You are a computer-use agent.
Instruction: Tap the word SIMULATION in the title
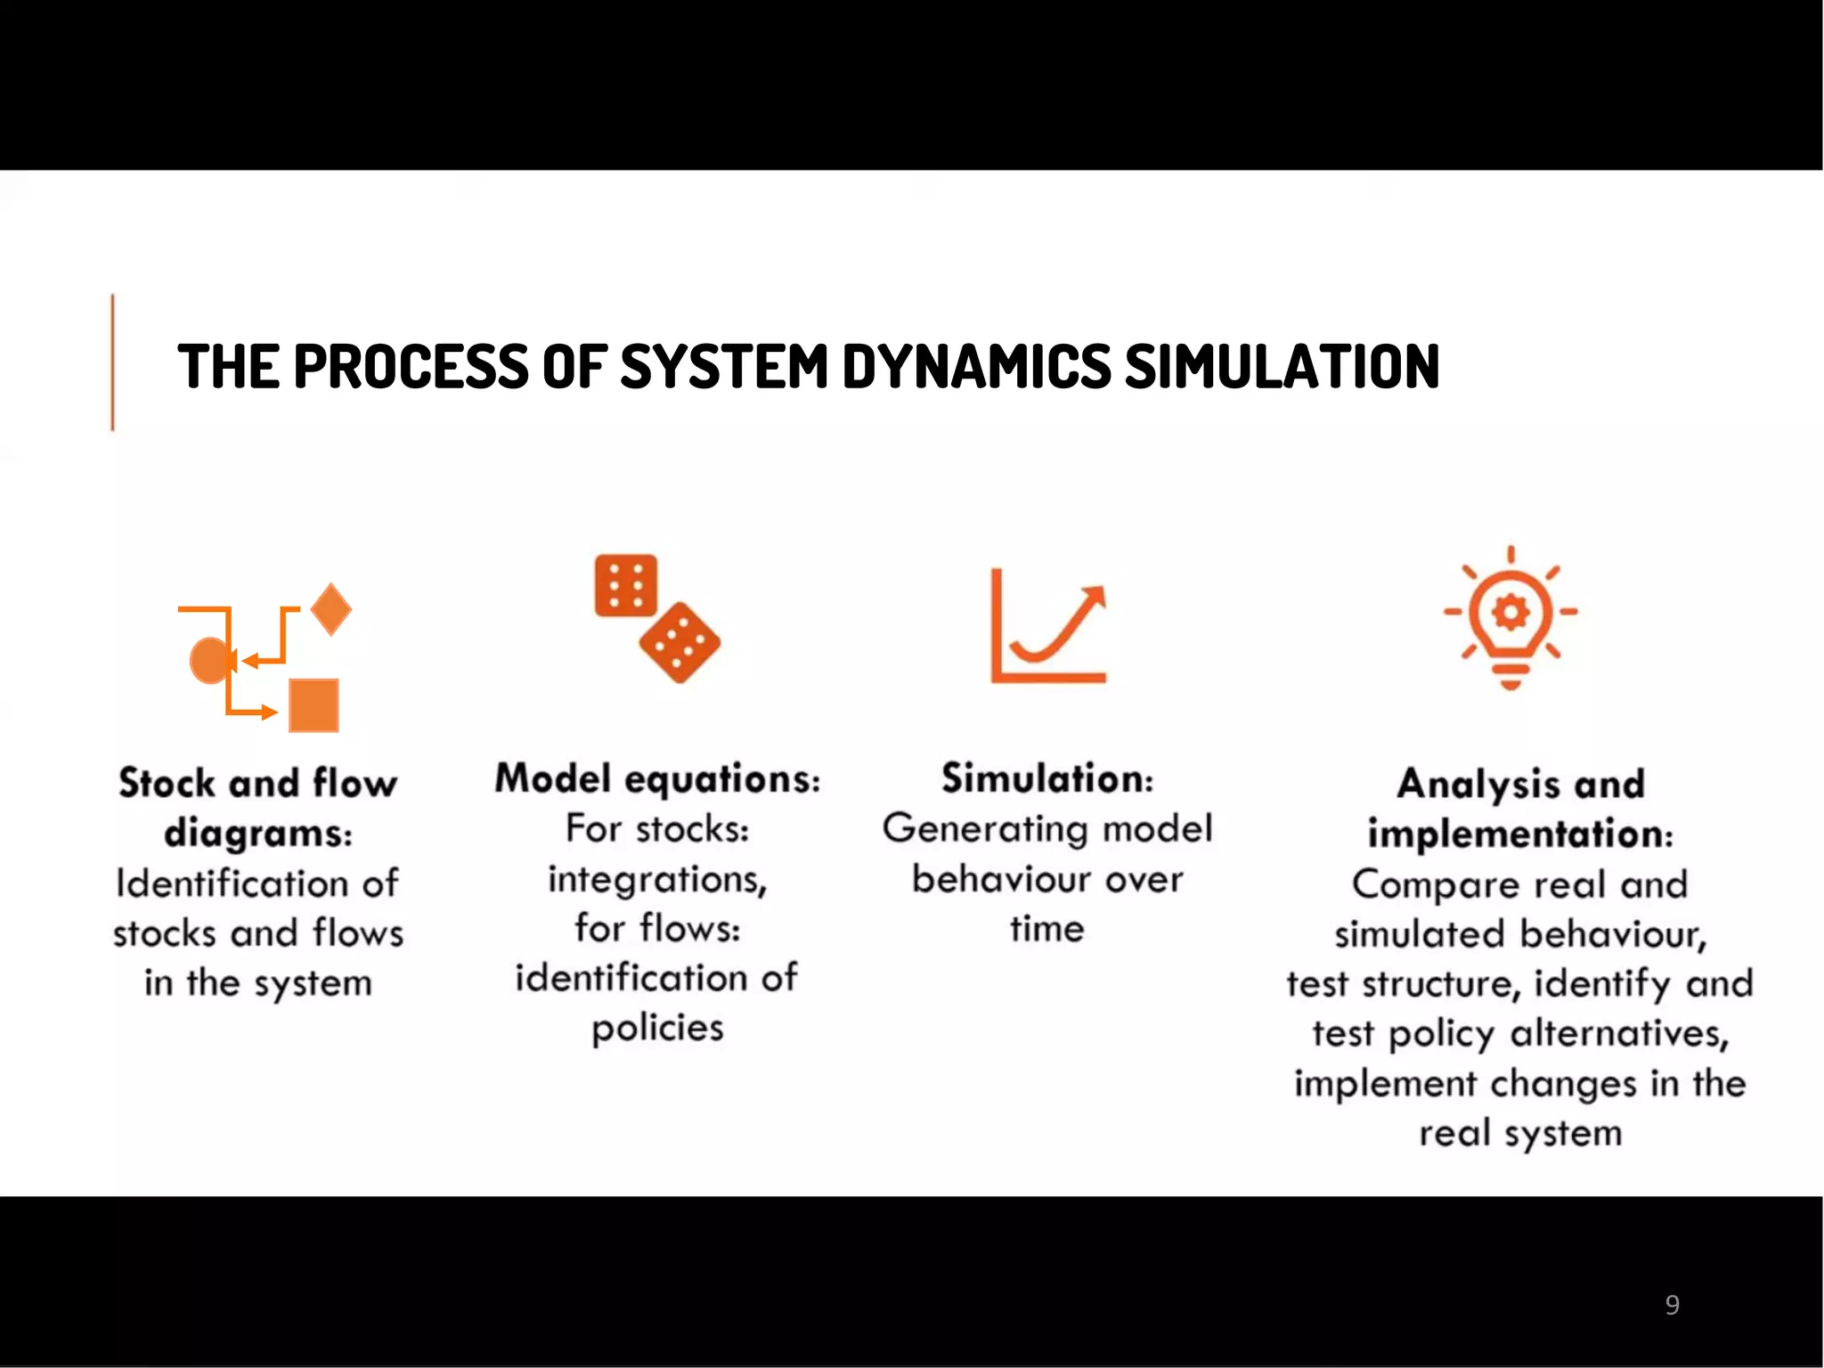point(1282,366)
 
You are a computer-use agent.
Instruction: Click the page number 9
point(1672,1305)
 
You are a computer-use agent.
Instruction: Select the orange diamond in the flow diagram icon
point(331,609)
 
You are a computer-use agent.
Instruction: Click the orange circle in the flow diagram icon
point(210,661)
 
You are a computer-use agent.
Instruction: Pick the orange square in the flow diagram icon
point(313,705)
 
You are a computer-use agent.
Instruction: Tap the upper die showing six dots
point(626,585)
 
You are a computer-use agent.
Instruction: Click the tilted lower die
point(680,642)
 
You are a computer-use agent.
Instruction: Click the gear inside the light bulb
point(1510,612)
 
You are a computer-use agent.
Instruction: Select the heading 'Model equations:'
point(657,778)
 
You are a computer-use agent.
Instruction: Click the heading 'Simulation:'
point(1047,778)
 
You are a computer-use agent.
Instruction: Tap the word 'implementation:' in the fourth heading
point(1520,834)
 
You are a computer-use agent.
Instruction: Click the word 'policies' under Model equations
point(657,1028)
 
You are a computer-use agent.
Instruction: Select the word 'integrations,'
point(657,879)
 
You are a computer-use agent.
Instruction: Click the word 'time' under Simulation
point(1047,929)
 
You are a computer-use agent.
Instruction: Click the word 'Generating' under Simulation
point(986,828)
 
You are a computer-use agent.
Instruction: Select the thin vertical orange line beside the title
point(112,362)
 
